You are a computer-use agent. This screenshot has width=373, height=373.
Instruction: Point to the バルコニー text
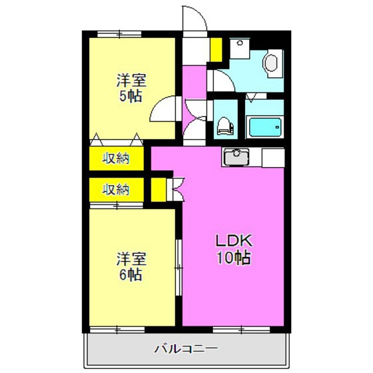tap(186, 348)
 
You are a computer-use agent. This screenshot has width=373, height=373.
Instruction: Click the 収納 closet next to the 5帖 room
tap(116, 159)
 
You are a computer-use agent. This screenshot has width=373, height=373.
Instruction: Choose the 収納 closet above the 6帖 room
tap(116, 188)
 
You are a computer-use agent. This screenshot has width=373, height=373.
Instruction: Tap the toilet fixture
tap(225, 124)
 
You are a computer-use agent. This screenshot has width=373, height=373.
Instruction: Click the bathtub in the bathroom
tap(265, 125)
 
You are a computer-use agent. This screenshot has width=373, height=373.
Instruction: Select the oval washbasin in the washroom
tap(271, 63)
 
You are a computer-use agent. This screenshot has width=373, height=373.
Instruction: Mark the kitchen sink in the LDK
tap(236, 157)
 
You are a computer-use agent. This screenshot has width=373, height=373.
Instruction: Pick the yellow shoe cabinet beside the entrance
tap(216, 49)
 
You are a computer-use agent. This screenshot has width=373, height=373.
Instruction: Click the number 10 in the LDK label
tap(223, 258)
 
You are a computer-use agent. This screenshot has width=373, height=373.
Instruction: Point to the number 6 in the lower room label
tap(123, 274)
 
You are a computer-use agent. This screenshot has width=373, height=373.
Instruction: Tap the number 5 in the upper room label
tap(123, 96)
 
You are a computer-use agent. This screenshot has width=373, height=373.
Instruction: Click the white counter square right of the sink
tap(272, 157)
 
